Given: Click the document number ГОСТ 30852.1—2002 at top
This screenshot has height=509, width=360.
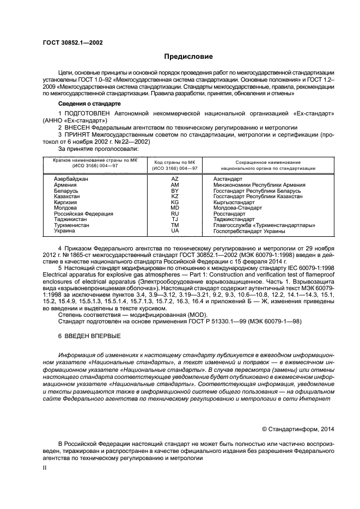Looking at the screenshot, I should click(72, 42).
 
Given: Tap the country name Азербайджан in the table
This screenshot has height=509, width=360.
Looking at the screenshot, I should click(71, 179).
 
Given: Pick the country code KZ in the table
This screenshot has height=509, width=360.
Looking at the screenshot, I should click(175, 197).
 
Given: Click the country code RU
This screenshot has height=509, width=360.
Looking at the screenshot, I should click(175, 214).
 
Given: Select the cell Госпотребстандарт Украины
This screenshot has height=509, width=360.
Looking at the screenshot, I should click(249, 231).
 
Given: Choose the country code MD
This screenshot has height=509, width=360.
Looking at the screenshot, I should click(175, 208).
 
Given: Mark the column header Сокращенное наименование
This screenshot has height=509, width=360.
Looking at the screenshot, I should click(267, 163).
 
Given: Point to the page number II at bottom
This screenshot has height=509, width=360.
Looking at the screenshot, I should click(45, 467).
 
